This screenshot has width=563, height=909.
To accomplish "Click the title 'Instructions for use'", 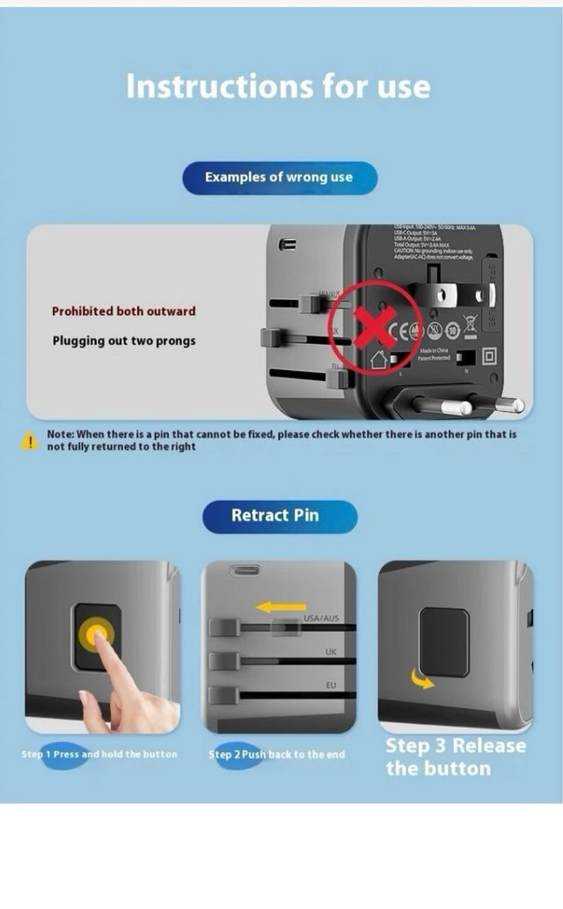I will point(278,86).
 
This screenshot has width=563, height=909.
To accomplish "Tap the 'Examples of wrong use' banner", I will point(279,177).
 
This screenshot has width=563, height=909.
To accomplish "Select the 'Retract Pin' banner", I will point(279,516).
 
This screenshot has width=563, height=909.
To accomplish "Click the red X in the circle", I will point(375,326).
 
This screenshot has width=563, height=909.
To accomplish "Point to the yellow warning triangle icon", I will point(30,441).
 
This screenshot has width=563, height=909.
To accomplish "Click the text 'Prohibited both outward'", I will point(123,312).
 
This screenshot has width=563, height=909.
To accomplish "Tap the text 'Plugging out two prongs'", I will point(123,341).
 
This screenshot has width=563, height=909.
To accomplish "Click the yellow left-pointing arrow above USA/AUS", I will point(281,606).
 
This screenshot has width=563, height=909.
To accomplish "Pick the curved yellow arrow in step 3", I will point(422,678).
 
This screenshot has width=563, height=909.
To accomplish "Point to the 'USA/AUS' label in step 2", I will point(321,619).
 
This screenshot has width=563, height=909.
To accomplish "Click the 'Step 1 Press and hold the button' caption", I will point(99,755).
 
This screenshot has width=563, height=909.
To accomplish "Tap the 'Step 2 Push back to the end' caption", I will point(277,755).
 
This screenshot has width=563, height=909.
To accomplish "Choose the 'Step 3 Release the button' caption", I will point(455,757).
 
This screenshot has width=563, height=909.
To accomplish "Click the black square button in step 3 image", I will point(443,641).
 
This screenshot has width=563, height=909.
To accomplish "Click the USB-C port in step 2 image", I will point(245,570).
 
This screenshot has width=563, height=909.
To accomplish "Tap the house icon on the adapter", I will point(380,358).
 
